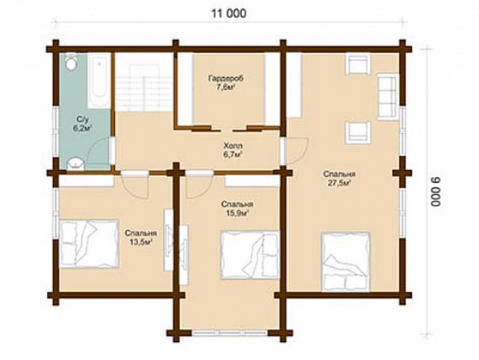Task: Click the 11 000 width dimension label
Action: click(229, 14)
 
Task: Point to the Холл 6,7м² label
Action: click(233, 150)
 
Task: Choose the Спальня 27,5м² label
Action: click(338, 179)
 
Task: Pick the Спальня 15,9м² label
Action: click(237, 209)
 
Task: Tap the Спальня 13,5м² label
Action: click(141, 237)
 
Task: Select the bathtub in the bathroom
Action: click(100, 81)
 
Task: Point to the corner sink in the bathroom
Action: click(75, 163)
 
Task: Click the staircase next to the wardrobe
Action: click(143, 88)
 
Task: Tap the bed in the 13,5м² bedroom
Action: click(89, 244)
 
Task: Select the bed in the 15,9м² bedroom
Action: click(250, 255)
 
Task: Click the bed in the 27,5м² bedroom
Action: click(345, 262)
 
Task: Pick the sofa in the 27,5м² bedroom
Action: click(388, 96)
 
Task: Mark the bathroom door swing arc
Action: click(100, 154)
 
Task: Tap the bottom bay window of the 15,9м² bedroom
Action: click(230, 333)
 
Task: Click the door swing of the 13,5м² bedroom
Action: click(135, 187)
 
